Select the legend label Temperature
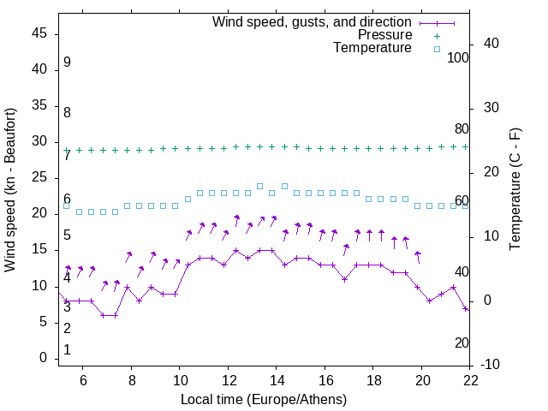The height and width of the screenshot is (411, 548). tap(372, 49)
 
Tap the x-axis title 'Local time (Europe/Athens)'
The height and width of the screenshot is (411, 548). tap(264, 399)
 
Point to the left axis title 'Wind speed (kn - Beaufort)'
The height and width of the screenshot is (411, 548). tap(11, 190)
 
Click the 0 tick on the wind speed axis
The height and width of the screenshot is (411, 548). tap(45, 358)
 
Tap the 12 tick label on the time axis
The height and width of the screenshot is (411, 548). tap(229, 380)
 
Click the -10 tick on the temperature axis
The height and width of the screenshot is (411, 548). tap(491, 365)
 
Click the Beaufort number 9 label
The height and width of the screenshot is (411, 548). tap(67, 63)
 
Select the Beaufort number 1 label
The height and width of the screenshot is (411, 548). tap(67, 350)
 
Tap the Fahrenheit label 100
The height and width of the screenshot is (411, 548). tap(459, 57)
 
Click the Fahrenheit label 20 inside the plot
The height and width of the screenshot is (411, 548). tap(462, 342)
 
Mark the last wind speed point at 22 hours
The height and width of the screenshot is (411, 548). tap(466, 308)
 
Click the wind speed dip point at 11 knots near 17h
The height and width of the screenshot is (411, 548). tap(344, 279)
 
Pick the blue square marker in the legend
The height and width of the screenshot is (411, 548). tap(437, 49)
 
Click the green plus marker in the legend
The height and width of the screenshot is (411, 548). tap(437, 35)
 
